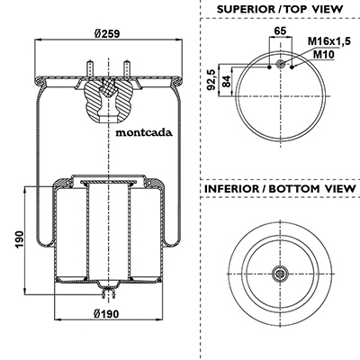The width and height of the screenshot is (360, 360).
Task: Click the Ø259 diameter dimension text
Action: [106, 33]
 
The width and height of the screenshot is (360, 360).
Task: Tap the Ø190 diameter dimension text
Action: [106, 314]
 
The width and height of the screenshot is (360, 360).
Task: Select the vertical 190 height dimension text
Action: [20, 239]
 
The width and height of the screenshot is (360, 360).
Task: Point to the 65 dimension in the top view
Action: [281, 31]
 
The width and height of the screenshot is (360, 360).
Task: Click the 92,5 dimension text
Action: [211, 79]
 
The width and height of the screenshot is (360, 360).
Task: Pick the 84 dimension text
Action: [227, 81]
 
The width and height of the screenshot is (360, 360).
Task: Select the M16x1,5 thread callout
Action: [329, 41]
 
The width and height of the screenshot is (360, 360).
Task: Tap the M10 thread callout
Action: [324, 54]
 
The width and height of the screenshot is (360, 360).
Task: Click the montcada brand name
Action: [144, 132]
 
